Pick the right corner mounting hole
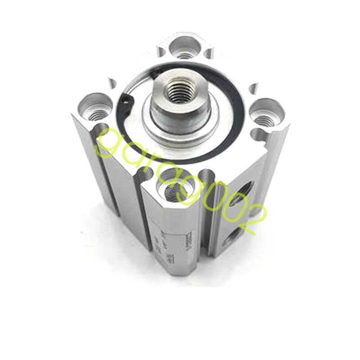tap(265, 113)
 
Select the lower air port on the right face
tap(234, 239)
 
